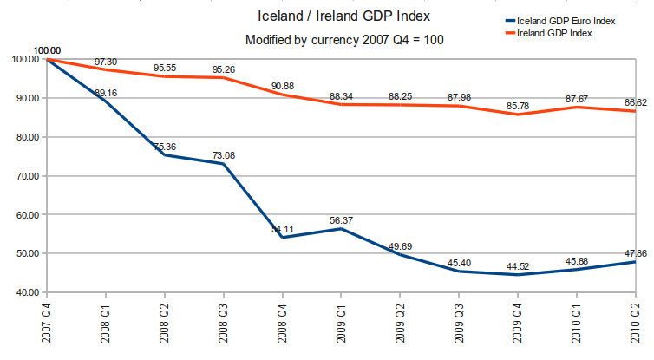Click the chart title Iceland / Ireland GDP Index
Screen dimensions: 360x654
pyautogui.click(x=344, y=16)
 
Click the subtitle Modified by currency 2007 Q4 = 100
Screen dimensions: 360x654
pyautogui.click(x=344, y=40)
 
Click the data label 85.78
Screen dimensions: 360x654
pyautogui.click(x=518, y=107)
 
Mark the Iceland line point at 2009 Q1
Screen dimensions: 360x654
pyautogui.click(x=341, y=229)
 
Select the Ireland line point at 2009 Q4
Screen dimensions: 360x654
pyautogui.click(x=518, y=115)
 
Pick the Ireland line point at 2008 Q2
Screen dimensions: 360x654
pyautogui.click(x=164, y=76)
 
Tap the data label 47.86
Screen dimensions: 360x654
pyautogui.click(x=636, y=254)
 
